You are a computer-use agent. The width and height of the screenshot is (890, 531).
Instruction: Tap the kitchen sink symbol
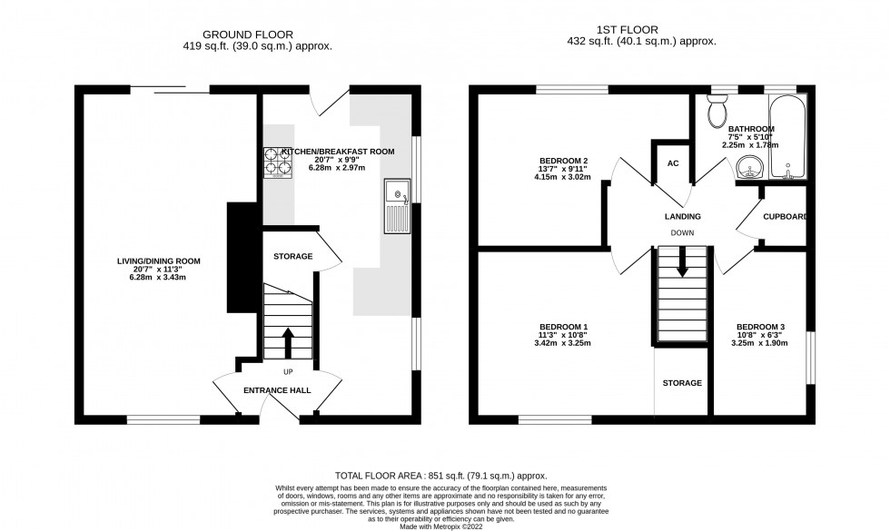[x=397, y=207]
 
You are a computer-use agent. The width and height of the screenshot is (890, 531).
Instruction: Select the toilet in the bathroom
[x=717, y=111]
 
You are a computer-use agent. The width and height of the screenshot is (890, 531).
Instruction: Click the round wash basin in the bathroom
[x=749, y=167]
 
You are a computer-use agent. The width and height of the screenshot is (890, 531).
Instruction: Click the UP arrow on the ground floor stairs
[x=288, y=343]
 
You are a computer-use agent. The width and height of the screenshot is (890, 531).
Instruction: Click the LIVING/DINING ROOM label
[x=158, y=261]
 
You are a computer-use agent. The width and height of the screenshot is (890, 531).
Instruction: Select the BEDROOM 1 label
[x=564, y=327]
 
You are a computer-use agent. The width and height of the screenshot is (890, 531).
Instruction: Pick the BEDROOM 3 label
[x=760, y=327]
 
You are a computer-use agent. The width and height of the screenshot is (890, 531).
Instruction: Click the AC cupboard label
[x=673, y=163]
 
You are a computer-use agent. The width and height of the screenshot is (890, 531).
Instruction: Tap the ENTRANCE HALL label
[x=277, y=390]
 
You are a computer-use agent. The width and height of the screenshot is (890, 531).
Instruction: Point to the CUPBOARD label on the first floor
[x=785, y=217]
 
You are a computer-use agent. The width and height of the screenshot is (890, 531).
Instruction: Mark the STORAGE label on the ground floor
[x=292, y=257]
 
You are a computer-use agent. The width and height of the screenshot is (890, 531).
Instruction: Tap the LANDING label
[x=681, y=216]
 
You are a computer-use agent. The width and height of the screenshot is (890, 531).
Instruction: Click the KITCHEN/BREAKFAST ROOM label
[x=338, y=152]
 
